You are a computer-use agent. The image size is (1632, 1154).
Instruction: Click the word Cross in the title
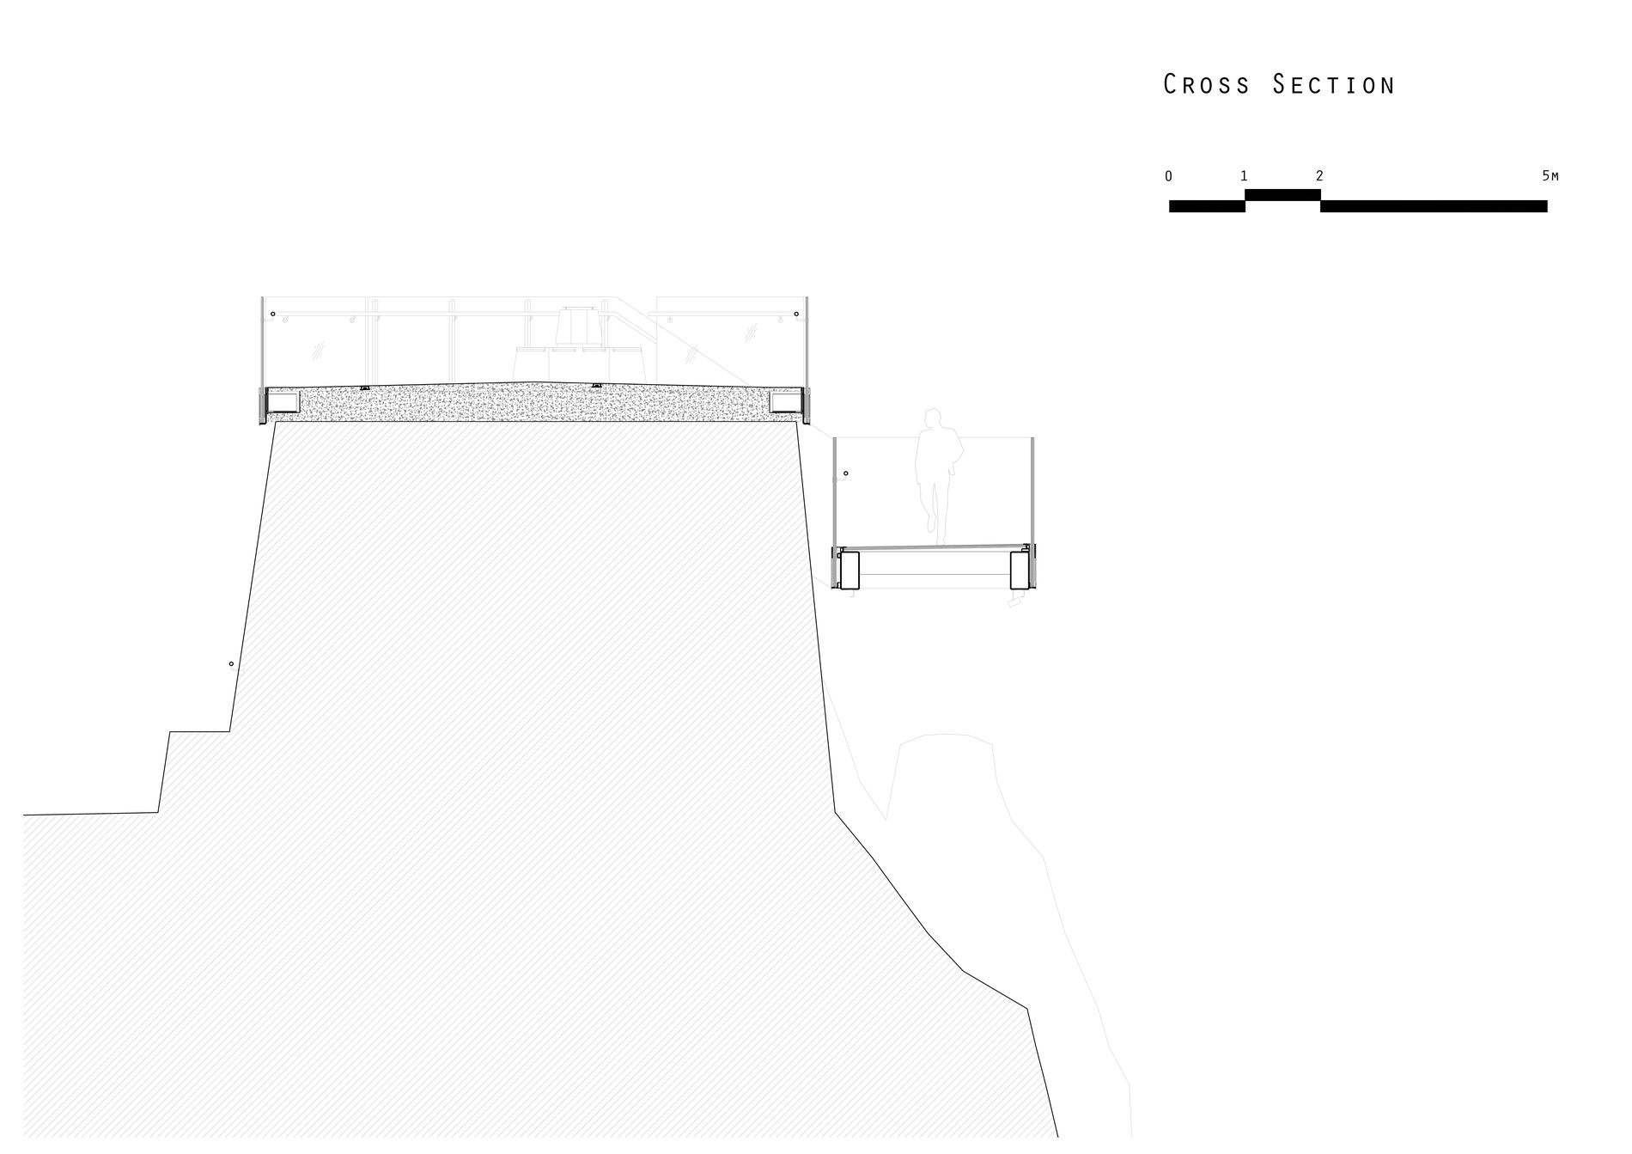pyautogui.click(x=1207, y=84)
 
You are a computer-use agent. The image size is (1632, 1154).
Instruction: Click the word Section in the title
pyautogui.click(x=1334, y=84)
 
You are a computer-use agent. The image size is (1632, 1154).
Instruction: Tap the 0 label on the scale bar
pyautogui.click(x=1168, y=176)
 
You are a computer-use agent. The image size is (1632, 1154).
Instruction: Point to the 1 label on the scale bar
pyautogui.click(x=1244, y=176)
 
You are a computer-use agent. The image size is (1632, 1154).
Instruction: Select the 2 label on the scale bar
pyautogui.click(x=1319, y=176)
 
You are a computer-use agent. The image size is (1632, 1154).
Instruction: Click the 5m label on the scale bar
pyautogui.click(x=1550, y=176)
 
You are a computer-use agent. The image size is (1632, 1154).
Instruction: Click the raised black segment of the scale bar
pyautogui.click(x=1282, y=195)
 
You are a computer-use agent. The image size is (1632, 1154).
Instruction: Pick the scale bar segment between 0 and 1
pyautogui.click(x=1207, y=206)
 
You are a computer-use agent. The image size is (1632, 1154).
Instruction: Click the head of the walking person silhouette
pyautogui.click(x=932, y=419)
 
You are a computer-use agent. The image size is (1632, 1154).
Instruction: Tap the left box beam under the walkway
pyautogui.click(x=849, y=570)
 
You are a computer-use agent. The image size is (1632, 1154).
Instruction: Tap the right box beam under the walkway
pyautogui.click(x=1020, y=570)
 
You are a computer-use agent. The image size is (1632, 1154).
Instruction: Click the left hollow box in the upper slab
pyautogui.click(x=283, y=401)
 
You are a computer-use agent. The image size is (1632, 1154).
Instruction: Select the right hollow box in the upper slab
pyautogui.click(x=785, y=401)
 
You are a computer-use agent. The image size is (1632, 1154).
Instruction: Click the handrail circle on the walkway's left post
pyautogui.click(x=846, y=473)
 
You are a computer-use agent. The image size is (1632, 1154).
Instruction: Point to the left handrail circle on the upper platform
pyautogui.click(x=273, y=314)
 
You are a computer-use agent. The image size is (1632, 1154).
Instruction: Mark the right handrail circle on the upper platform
pyautogui.click(x=796, y=314)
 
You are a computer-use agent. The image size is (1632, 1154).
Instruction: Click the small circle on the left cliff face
pyautogui.click(x=231, y=663)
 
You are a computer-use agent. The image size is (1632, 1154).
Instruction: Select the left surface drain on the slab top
pyautogui.click(x=365, y=388)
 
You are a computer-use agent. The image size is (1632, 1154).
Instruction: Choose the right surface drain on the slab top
pyautogui.click(x=596, y=385)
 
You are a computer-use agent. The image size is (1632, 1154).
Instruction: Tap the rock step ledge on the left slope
pyautogui.click(x=199, y=731)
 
